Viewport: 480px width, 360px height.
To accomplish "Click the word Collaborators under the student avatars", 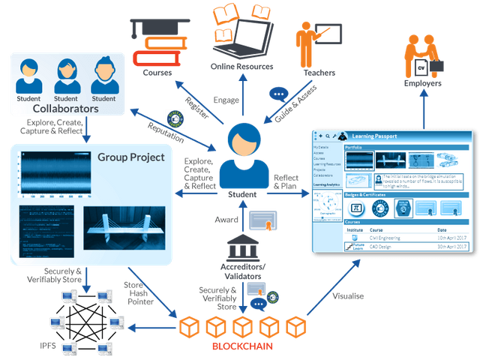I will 66,108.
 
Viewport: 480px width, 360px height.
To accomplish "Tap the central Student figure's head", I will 241,139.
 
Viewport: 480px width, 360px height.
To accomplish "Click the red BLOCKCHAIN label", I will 243,349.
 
